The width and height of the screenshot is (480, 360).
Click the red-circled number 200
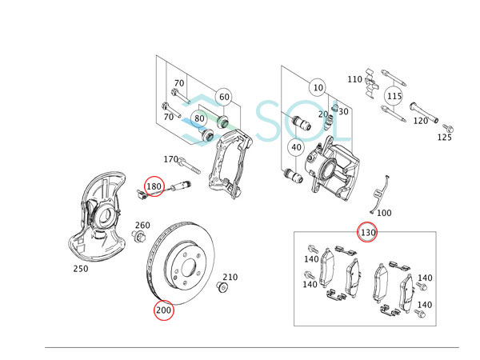pos(164,310)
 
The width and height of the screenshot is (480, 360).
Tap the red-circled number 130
pos(367,233)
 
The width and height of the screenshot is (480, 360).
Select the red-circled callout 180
pos(154,186)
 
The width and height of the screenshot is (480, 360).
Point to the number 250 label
pos(80,269)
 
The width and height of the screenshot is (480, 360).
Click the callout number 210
pos(230,277)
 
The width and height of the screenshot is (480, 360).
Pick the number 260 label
pos(142,225)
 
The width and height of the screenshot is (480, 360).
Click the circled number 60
pos(223,97)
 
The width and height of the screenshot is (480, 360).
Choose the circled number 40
pos(296,147)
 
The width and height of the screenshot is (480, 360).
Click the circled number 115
pos(393,96)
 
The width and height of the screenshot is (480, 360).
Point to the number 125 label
pos(445,138)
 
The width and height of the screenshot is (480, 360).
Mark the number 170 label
pos(170,159)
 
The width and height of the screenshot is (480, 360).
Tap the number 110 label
pos(354,79)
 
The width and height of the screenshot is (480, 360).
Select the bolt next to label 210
pos(223,286)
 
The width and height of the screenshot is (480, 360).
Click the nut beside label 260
pos(139,237)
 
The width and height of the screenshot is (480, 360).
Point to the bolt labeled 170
pos(190,167)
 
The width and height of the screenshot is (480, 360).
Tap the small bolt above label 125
pos(446,126)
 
